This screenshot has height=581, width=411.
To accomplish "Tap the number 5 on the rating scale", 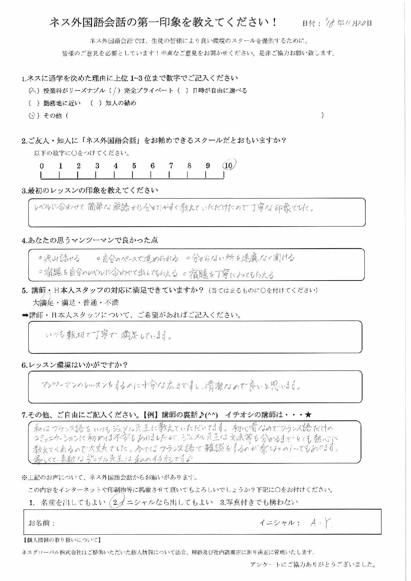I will (134, 166).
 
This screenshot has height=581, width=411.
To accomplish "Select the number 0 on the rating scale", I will (42, 166).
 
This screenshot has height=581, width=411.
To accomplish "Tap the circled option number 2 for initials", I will (116, 502).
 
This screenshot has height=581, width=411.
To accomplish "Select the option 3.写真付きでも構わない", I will (259, 502).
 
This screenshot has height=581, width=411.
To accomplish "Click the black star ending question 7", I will (309, 415).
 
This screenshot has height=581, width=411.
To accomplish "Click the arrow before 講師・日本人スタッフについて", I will (25, 315).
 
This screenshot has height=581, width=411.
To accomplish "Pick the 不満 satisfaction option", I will (111, 302).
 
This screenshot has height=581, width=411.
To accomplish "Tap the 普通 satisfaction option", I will (90, 302).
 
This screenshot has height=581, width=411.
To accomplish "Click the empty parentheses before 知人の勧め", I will (96, 103).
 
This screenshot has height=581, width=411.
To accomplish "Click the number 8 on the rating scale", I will (189, 166).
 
